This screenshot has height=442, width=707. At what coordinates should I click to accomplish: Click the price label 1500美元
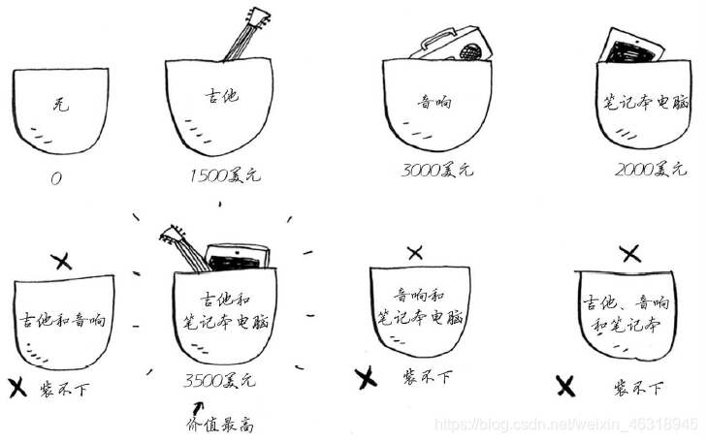[225, 174]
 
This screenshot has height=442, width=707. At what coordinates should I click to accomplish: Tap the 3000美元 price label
[437, 170]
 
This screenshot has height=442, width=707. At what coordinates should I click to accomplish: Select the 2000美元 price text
[651, 169]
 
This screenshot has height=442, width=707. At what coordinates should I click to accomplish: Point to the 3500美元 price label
[219, 381]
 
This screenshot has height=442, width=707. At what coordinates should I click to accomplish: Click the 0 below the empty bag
[56, 179]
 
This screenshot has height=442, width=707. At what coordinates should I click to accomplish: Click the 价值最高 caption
[219, 425]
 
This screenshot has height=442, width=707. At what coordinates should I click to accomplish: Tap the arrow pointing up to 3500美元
[198, 408]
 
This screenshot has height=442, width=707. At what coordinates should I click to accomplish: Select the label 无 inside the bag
[60, 105]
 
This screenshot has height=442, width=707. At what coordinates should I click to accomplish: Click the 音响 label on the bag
[434, 103]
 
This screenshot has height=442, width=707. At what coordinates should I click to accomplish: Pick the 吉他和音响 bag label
[62, 320]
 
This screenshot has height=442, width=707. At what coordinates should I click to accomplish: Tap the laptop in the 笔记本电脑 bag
[631, 47]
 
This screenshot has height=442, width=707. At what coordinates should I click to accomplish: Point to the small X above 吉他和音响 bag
[61, 261]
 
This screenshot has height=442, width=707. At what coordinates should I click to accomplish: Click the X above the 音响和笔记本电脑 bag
[415, 253]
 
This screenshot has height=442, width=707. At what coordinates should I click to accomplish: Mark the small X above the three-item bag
[630, 254]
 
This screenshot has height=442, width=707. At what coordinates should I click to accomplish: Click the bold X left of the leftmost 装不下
[17, 388]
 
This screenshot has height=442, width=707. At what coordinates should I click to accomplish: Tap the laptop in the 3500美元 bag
[238, 257]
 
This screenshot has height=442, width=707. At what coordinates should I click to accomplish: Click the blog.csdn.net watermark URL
[566, 425]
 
